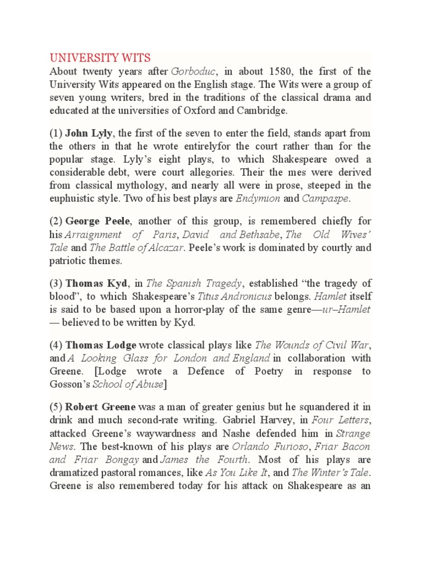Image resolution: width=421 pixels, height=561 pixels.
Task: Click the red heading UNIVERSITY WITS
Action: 100,58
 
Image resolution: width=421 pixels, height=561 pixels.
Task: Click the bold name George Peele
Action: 98,221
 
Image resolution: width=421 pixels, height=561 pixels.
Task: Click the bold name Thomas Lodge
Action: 101,345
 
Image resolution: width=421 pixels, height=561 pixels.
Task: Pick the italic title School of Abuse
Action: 128,384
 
